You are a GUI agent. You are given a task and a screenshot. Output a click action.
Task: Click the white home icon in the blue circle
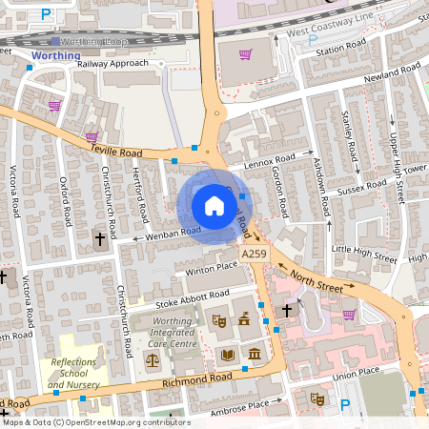[214, 205]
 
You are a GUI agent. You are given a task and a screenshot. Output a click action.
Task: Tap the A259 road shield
[254, 254]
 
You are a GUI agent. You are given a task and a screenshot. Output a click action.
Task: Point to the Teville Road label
[116, 151]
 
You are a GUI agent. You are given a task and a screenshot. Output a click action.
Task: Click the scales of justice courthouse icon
[153, 361]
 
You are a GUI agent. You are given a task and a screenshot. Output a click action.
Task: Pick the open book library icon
[227, 356]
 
